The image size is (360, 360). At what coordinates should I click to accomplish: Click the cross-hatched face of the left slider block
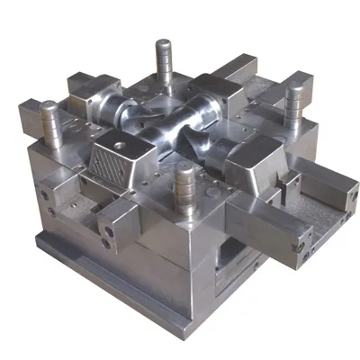click(x=110, y=165)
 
